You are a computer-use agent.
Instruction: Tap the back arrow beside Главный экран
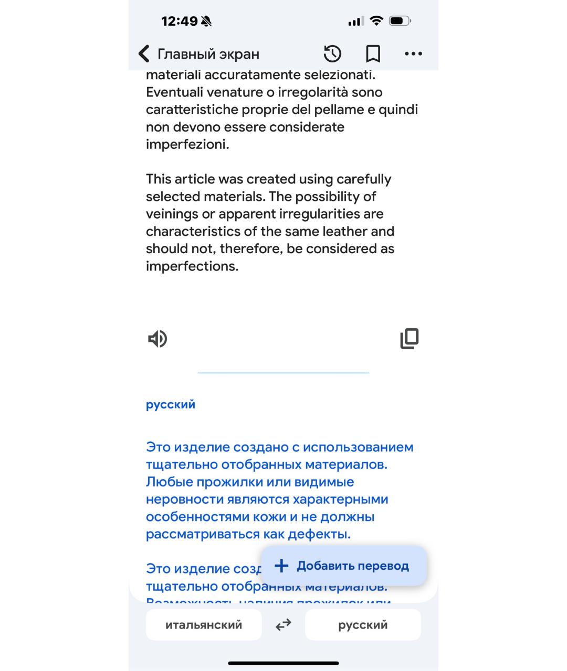[143, 53]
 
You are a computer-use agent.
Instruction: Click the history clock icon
[332, 53]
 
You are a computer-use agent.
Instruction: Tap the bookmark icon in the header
[373, 53]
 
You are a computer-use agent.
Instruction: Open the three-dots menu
[413, 53]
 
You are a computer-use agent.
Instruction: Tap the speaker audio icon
[157, 339]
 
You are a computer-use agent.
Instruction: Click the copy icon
[409, 339]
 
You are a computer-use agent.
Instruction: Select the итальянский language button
[204, 625]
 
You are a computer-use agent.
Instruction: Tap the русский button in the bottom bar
[363, 625]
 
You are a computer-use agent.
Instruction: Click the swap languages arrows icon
[283, 625]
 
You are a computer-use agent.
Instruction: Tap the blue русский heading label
[171, 404]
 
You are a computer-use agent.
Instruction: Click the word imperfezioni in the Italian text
[187, 144]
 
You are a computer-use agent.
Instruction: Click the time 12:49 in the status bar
[179, 21]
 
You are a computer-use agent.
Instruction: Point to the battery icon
[400, 21]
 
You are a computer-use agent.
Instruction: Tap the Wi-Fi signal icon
[376, 20]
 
